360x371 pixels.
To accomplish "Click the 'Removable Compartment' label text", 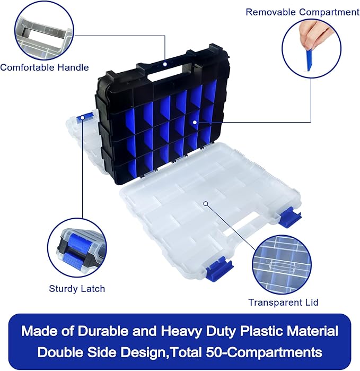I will click(x=302, y=12).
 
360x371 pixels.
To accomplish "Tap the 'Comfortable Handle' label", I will click(x=45, y=67).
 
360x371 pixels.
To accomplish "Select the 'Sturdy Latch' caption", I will click(x=77, y=289).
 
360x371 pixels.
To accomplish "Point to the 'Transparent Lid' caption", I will click(x=283, y=303).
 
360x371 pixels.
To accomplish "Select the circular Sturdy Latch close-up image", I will click(x=77, y=247).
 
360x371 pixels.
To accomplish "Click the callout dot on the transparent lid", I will click(x=206, y=203).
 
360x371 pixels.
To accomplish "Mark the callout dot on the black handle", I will click(x=164, y=64).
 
